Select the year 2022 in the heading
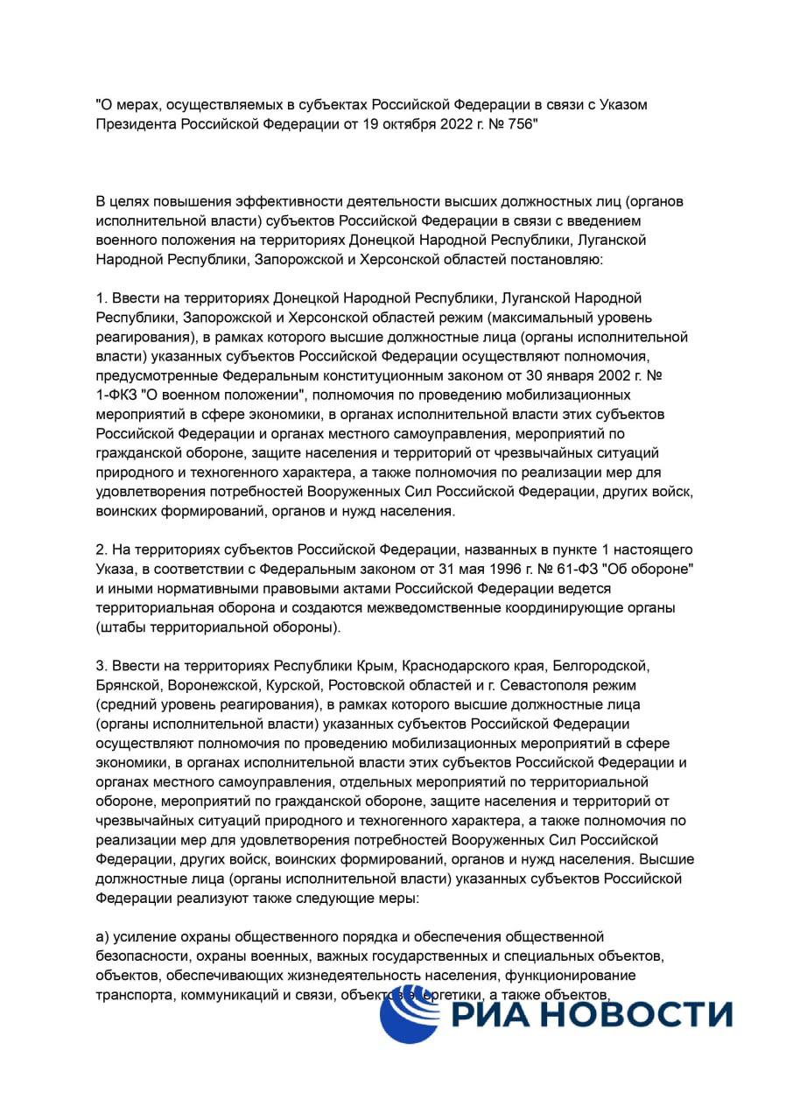pyautogui.click(x=443, y=124)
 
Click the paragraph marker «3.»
pyautogui.click(x=102, y=665)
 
